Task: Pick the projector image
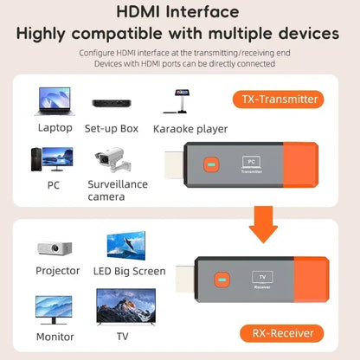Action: [55, 247]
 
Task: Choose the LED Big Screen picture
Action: [129, 245]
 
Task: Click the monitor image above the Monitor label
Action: [54, 309]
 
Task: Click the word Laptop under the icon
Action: [55, 128]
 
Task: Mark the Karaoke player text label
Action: [190, 129]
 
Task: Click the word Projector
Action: [58, 271]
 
